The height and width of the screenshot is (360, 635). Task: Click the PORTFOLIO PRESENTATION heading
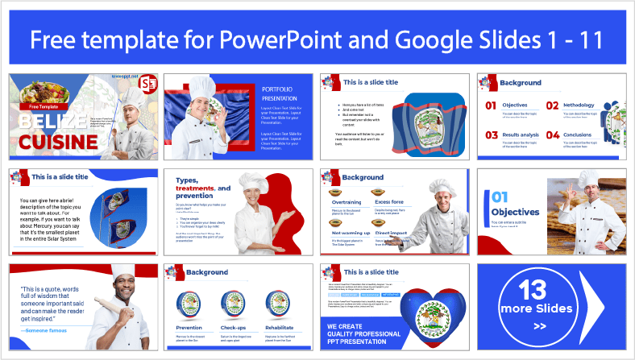point(280,92)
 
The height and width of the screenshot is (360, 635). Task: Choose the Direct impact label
point(392,231)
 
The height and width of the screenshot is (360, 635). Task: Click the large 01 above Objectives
point(500,197)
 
